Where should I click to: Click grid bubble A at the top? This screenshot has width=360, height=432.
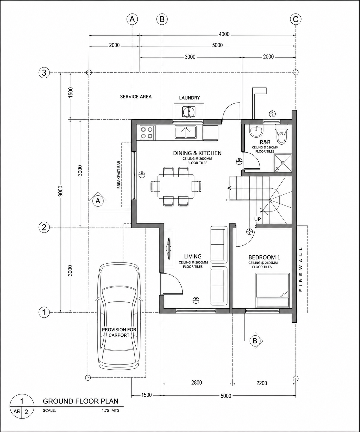click(132, 19)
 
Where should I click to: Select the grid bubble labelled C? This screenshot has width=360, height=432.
click(295, 19)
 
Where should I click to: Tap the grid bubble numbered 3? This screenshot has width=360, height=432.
click(44, 73)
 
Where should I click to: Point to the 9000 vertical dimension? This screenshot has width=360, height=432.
click(61, 192)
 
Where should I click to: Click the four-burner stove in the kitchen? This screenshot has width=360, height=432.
click(147, 133)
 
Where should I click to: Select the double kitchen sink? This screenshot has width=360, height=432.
click(186, 132)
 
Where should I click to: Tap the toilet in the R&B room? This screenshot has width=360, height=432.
click(281, 134)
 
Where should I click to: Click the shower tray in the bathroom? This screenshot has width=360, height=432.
click(283, 163)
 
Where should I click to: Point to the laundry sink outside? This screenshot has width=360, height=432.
click(189, 112)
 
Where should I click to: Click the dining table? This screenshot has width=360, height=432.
click(176, 186)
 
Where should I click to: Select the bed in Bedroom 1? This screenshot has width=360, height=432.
click(272, 290)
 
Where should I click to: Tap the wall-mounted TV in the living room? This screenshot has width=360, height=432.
click(169, 248)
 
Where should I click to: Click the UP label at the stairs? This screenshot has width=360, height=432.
click(257, 219)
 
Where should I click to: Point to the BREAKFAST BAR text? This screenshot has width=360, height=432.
click(119, 175)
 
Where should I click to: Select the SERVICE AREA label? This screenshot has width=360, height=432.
click(136, 97)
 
